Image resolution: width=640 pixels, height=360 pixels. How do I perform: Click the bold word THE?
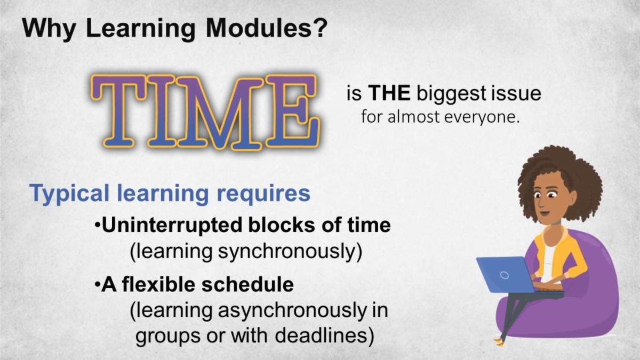click(389, 93)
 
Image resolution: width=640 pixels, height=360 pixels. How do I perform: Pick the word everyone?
click(482, 117)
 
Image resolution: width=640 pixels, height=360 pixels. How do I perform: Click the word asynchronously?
click(292, 311)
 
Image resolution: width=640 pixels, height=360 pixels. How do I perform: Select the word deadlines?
click(321, 335)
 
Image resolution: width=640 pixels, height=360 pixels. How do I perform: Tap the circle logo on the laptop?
click(505, 275)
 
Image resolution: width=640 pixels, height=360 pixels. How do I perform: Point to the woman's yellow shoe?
click(499, 342)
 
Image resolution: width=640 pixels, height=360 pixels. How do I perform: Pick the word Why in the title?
click(49, 29)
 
